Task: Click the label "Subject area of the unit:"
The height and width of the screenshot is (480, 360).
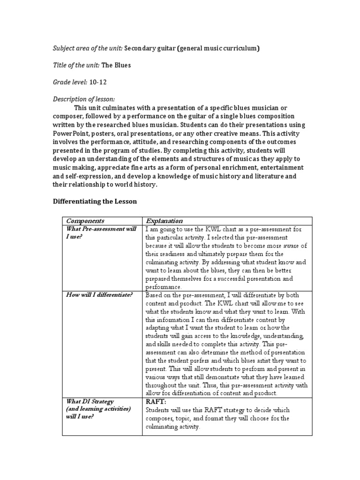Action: tap(87, 49)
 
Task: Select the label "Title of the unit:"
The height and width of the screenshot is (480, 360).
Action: tap(75, 65)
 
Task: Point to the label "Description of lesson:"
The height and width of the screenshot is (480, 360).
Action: tap(83, 99)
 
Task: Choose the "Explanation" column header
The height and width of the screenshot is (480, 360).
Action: tap(164, 221)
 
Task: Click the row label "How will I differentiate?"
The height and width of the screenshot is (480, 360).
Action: tap(99, 295)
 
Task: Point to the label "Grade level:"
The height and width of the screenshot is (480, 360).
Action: tap(70, 82)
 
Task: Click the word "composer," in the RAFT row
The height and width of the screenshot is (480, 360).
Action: tap(160, 418)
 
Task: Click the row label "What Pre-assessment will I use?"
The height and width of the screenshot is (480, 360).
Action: tap(101, 233)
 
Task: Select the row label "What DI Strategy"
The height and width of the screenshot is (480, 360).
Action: tap(89, 401)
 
